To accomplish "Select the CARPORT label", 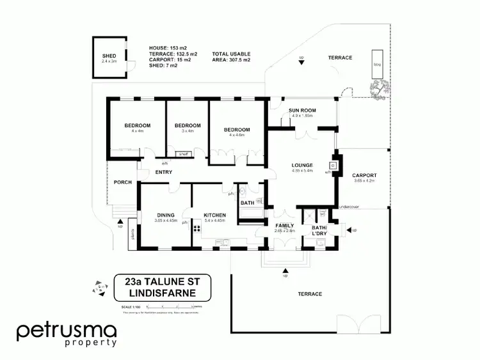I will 365,175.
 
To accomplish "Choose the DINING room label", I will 166,215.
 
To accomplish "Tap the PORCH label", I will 123,182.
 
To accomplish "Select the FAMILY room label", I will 284,226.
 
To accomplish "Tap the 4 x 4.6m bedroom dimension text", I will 236,135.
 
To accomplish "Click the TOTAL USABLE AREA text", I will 231,57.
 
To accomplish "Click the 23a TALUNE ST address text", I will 163,281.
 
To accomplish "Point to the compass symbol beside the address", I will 99,288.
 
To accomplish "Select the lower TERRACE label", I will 309,293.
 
